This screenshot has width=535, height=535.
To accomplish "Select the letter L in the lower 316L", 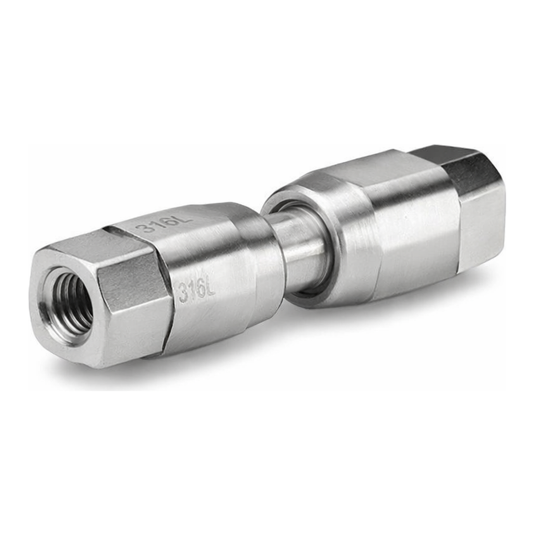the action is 210,288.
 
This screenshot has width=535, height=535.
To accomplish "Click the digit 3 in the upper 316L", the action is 143,228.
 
